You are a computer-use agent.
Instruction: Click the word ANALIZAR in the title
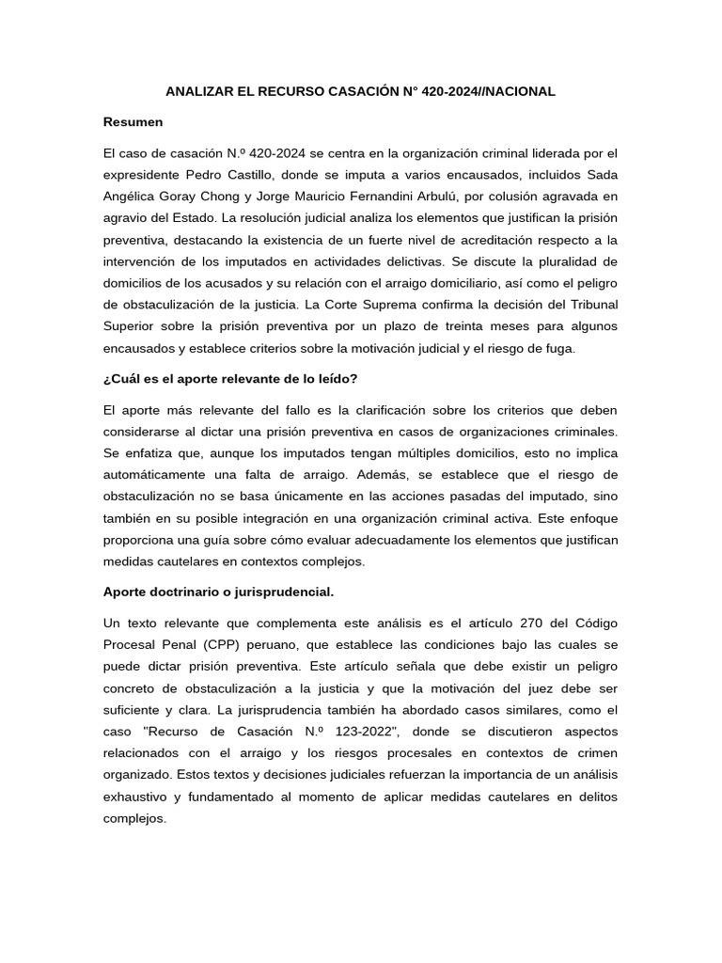point(199,91)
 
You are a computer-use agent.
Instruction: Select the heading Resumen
point(133,122)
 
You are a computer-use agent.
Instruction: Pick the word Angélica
point(132,196)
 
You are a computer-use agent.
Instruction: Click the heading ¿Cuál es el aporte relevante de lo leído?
point(230,379)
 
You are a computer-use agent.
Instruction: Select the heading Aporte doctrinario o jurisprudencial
point(218,592)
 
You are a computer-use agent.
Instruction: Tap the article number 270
point(532,624)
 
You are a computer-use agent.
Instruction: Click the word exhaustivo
point(137,797)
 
